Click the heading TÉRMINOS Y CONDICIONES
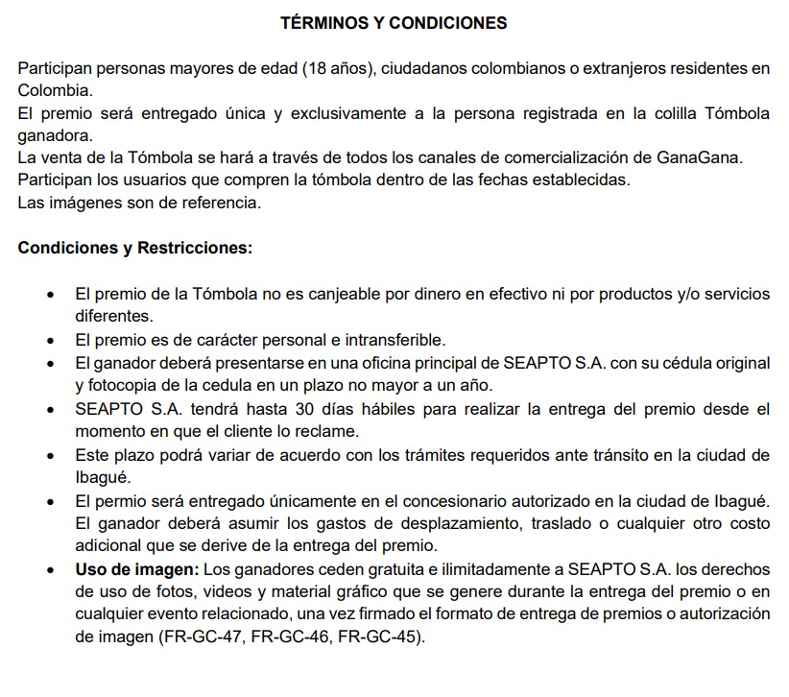click(x=394, y=23)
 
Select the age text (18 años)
click(x=336, y=68)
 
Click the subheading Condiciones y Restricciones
click(x=135, y=247)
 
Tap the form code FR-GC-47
click(x=199, y=637)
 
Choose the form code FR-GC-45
click(x=375, y=637)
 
